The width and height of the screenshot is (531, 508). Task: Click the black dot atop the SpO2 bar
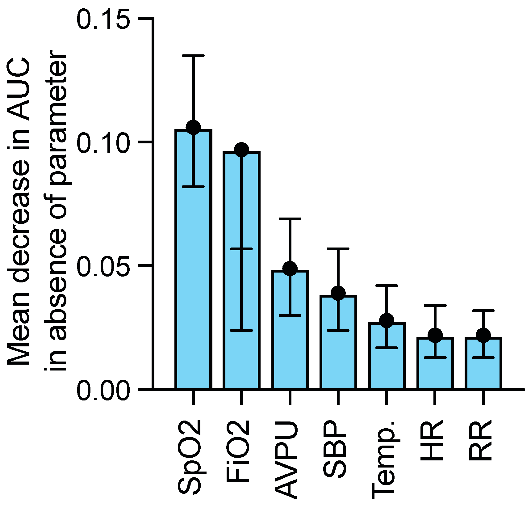pyautogui.click(x=194, y=127)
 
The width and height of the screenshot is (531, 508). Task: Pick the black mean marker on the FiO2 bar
pyautogui.click(x=241, y=150)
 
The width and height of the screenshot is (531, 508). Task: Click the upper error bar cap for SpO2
pyautogui.click(x=193, y=56)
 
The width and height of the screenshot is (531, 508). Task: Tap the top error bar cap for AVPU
pyautogui.click(x=290, y=219)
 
